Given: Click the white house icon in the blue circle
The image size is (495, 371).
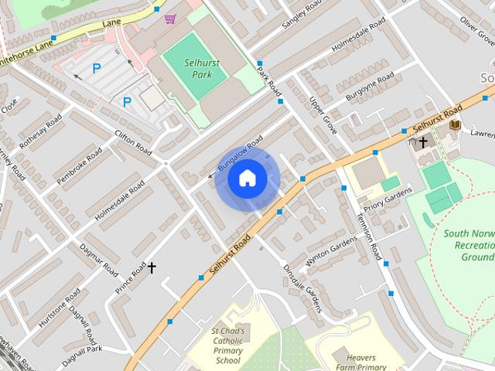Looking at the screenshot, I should click(247, 179).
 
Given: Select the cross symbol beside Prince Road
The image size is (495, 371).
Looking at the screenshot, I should click(152, 267).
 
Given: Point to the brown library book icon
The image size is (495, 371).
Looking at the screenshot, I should click(456, 124).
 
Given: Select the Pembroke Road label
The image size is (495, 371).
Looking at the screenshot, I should click(79, 165).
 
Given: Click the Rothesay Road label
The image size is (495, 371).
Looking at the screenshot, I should click(40, 133).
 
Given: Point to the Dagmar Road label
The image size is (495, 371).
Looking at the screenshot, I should click(98, 260).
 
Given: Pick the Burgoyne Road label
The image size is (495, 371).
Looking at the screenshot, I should click(370, 87).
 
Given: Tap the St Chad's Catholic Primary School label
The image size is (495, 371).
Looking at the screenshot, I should click(228, 345).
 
